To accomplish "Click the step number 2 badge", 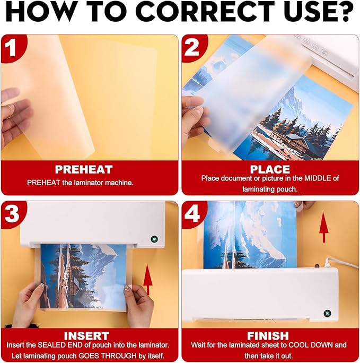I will tap(192, 47).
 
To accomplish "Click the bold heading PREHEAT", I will tap(84, 170).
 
